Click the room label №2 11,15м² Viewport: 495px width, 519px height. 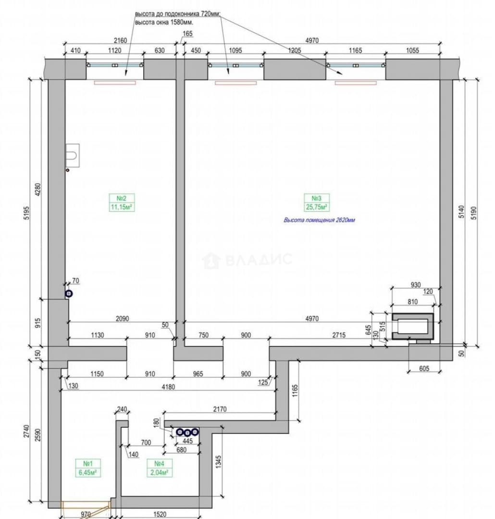click(122, 203)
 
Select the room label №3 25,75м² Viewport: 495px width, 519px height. click(317, 203)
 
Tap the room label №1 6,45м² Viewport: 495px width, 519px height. click(87, 468)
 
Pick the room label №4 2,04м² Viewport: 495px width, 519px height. click(159, 468)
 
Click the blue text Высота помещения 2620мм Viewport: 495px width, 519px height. click(319, 220)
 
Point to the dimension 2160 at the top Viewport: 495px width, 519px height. click(120, 40)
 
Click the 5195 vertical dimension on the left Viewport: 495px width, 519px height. click(27, 213)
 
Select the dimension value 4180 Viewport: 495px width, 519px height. click(168, 386)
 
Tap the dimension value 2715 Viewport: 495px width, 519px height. click(339, 335)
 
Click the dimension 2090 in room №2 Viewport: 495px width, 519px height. click(122, 319)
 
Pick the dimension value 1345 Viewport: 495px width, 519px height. click(219, 462)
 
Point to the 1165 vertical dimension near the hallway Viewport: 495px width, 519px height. click(296, 391)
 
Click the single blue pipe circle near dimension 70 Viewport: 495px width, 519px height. click(69, 294)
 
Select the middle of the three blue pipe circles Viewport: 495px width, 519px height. click(187, 432)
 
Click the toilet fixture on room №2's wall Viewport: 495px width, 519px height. click(73, 155)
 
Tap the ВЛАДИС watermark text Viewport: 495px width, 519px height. click(259, 260)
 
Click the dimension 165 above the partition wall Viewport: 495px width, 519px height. click(187, 34)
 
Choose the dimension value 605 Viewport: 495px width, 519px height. click(424, 369)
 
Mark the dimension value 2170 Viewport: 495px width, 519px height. click(220, 409)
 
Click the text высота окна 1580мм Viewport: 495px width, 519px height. click(164, 22)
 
